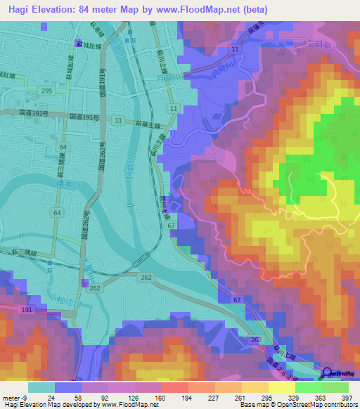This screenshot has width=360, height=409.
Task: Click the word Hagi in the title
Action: pyautogui.click(x=21, y=9)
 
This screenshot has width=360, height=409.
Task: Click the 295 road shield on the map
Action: pyautogui.click(x=46, y=91)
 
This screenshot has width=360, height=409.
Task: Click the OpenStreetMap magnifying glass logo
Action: pyautogui.click(x=328, y=374)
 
